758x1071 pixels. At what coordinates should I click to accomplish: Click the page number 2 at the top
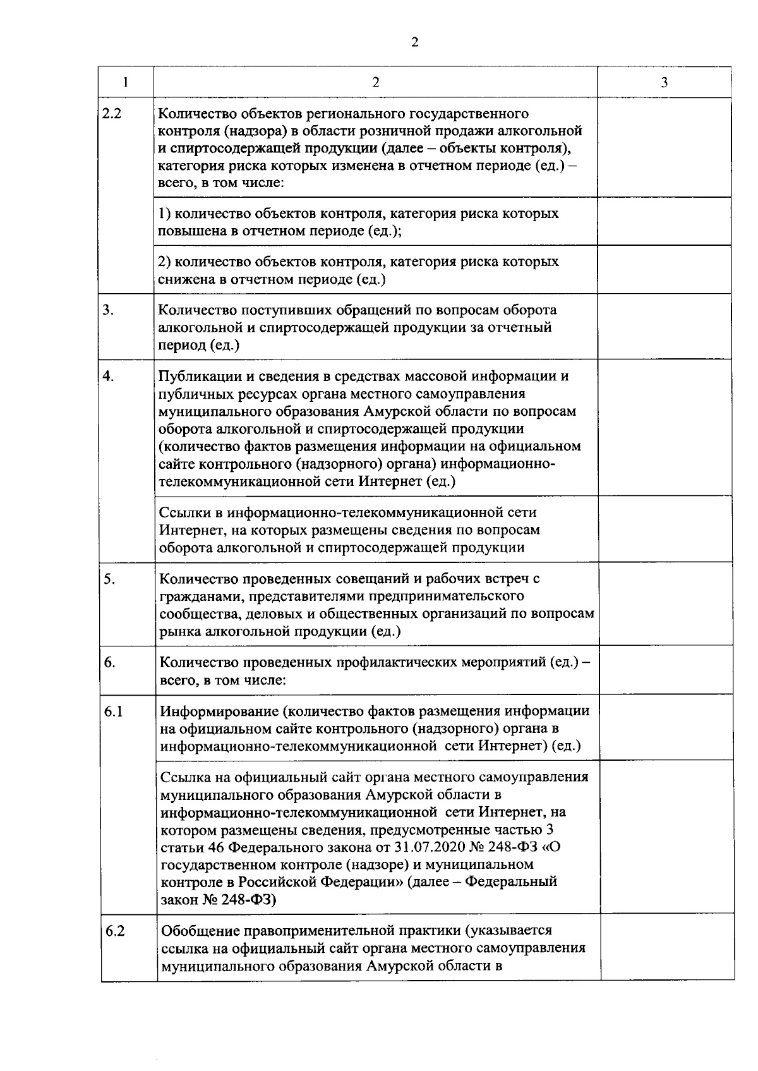coord(414,42)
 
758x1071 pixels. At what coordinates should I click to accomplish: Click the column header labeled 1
coord(125,82)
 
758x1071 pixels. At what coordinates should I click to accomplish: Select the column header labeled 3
coord(664,83)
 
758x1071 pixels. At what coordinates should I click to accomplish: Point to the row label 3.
coord(109,310)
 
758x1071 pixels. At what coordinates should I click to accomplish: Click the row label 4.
coord(109,376)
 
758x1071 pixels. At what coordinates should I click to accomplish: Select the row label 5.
coord(109,579)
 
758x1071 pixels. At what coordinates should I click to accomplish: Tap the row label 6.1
coord(113,711)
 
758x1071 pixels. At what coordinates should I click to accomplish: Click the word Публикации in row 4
coord(197,377)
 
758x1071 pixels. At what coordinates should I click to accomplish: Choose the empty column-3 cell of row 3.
coord(664,327)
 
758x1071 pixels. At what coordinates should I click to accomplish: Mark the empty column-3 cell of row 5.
coord(665,605)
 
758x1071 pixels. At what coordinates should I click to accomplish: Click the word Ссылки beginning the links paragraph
coord(184,512)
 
